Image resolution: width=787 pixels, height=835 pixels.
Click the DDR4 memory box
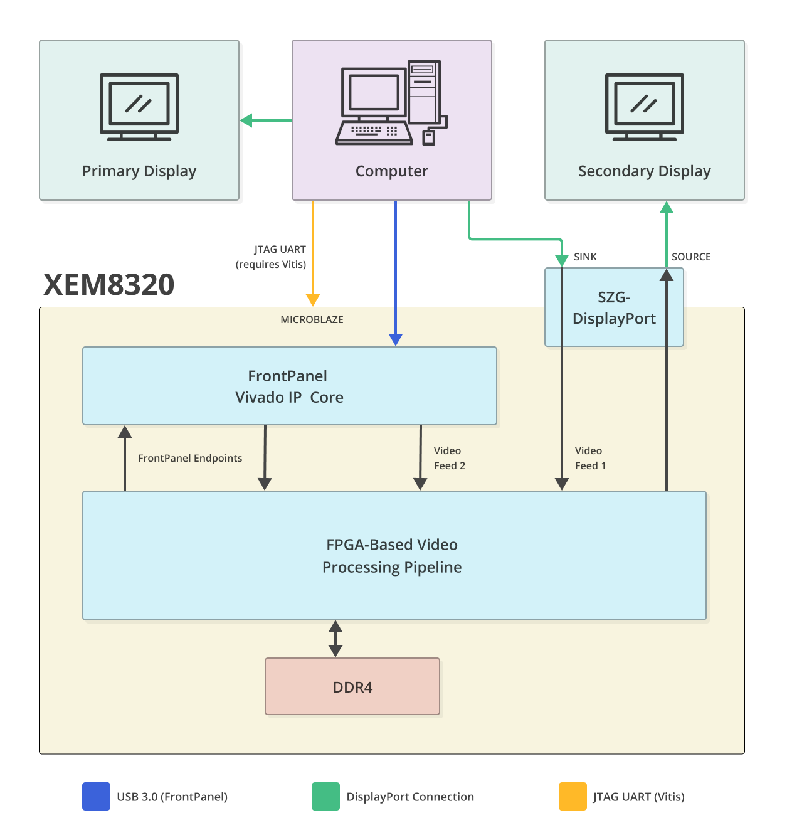click(352, 687)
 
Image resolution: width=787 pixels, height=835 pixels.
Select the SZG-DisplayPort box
click(614, 307)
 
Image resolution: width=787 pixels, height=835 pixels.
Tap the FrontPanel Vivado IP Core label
click(288, 386)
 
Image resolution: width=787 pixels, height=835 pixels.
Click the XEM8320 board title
click(108, 284)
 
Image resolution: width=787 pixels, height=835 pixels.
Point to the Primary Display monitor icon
click(139, 107)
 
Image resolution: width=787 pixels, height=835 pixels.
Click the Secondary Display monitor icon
click(644, 107)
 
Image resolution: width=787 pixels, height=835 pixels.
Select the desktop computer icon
click(391, 103)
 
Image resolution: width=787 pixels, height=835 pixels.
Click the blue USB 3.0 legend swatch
click(96, 796)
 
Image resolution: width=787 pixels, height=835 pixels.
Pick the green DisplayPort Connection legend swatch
click(325, 796)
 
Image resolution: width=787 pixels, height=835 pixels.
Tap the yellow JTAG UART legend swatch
click(573, 796)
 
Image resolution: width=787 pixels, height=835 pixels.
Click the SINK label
click(585, 257)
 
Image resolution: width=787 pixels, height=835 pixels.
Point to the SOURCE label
click(691, 257)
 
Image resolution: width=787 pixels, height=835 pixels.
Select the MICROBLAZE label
click(312, 319)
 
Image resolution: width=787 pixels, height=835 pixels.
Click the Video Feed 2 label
click(449, 458)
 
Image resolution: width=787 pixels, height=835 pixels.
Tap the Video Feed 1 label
click(590, 458)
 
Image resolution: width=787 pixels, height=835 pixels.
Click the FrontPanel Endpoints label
click(190, 458)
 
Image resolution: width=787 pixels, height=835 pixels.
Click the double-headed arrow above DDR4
click(335, 639)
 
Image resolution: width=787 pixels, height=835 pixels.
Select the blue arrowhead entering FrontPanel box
click(396, 339)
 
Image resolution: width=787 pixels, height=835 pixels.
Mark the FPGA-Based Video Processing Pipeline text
click(392, 556)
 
